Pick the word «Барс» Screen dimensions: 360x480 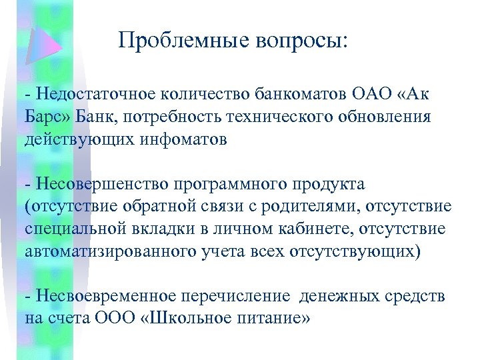coord(44,117)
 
